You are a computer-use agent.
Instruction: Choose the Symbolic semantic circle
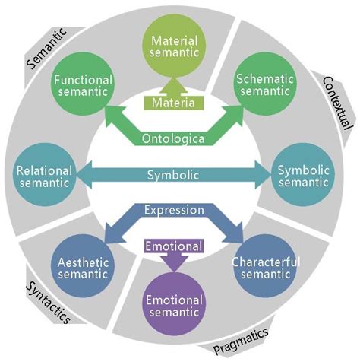(303, 176)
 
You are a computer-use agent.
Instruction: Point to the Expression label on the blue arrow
(174, 210)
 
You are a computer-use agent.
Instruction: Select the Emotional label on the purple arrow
(173, 246)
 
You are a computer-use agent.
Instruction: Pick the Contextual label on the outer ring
(333, 100)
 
